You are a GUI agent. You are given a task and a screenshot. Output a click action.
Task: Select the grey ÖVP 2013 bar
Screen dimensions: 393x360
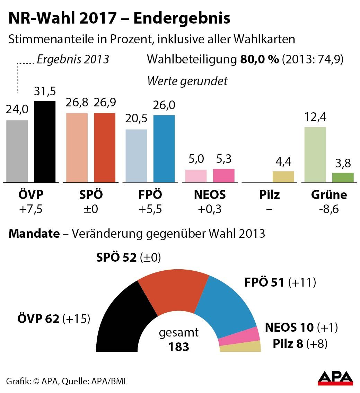[17, 151]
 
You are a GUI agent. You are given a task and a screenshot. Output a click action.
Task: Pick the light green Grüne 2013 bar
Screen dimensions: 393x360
[315, 155]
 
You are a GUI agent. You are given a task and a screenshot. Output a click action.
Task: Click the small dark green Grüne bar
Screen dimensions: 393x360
[343, 177]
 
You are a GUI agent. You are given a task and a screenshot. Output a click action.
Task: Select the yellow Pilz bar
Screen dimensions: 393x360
[283, 177]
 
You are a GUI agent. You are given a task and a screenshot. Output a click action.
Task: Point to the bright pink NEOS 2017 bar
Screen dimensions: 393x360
[223, 176]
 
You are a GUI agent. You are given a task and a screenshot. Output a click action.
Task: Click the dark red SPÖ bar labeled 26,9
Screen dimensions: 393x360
[105, 148]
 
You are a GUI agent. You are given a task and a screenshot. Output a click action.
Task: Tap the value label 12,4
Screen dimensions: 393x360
[315, 117]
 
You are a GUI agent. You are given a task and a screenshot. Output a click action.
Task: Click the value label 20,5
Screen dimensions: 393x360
[136, 119]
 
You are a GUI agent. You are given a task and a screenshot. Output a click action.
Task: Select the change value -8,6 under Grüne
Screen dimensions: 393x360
[328, 210]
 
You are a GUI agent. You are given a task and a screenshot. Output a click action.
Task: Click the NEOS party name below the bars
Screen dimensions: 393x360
[210, 195]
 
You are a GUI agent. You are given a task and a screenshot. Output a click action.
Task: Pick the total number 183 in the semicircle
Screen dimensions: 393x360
[179, 347]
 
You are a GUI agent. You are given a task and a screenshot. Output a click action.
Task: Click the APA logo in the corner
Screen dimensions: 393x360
[335, 378]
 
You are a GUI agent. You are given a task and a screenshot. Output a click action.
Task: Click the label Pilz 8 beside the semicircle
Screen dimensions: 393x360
[288, 344]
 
